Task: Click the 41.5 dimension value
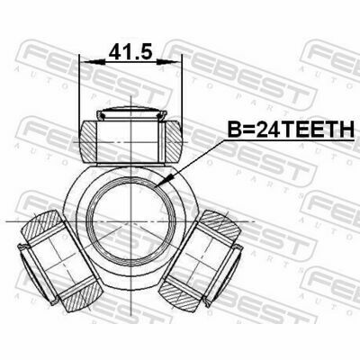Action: tap(130, 52)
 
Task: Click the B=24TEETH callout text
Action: tap(291, 130)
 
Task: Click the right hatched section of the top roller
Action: tap(175, 142)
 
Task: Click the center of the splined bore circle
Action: tap(131, 221)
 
